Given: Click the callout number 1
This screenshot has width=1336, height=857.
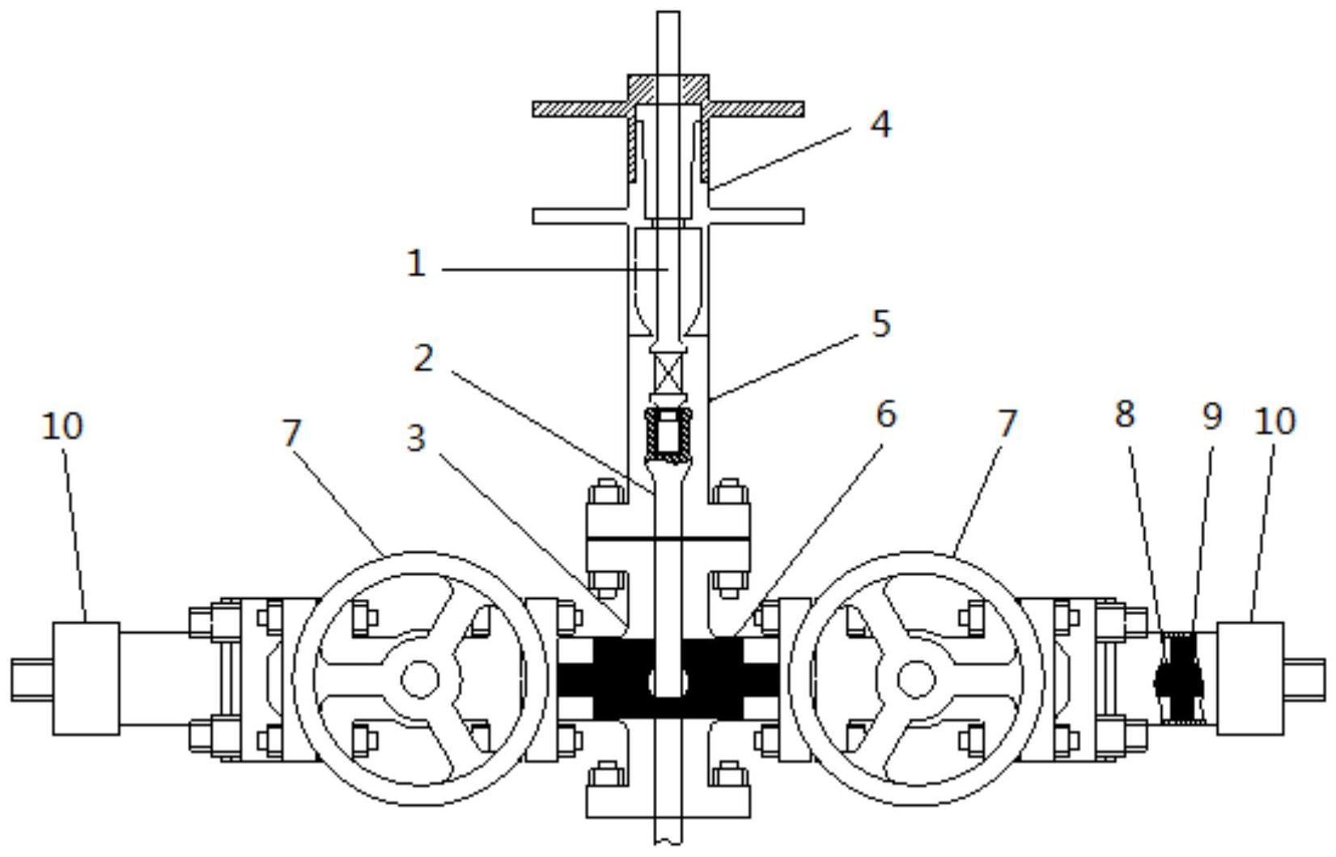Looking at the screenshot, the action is (416, 263).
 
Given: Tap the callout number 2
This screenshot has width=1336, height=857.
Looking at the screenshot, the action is (423, 358).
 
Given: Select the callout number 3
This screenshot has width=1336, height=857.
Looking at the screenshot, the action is (416, 439).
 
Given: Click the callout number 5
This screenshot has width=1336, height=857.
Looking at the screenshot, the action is (881, 323).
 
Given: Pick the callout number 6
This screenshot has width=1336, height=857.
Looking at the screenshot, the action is (886, 414).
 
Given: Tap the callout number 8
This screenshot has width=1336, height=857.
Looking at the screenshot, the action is (1124, 414).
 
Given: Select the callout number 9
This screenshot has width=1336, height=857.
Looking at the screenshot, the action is (1212, 416).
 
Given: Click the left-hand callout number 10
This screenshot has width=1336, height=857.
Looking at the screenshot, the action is (62, 426).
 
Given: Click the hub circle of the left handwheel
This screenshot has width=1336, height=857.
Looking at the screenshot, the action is (420, 679).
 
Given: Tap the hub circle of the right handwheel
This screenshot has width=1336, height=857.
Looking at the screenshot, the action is (916, 679).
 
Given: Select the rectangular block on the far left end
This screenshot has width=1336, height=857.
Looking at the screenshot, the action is (86, 679).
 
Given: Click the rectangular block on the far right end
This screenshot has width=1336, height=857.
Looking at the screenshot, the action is (1250, 679).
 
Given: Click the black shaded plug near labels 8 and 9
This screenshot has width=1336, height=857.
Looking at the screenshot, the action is (1178, 679).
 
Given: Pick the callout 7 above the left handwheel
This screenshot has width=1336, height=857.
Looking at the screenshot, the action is (291, 434).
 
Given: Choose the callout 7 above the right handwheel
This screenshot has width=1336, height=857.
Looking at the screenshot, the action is (1006, 423).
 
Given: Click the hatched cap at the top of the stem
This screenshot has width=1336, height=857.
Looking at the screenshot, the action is (668, 96).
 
